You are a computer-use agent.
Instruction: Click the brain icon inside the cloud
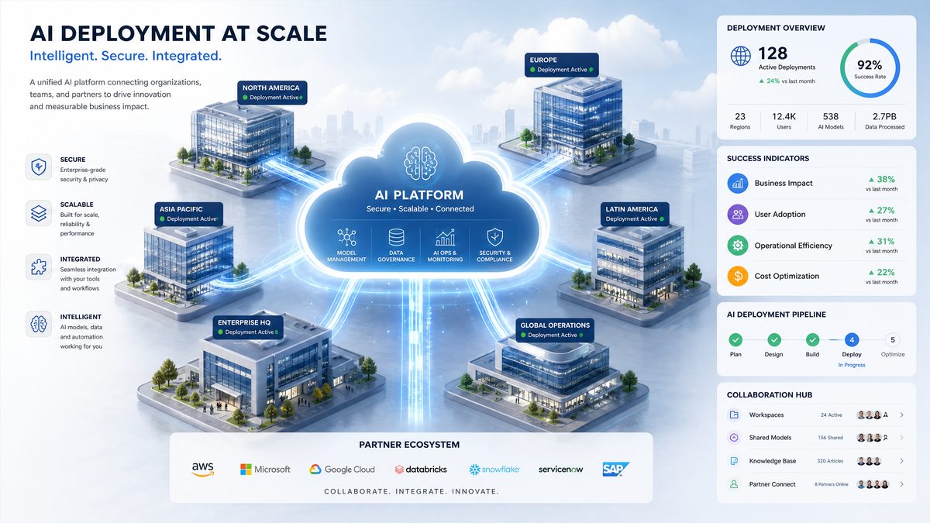click(x=420, y=163)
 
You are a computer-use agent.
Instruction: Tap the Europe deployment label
click(x=561, y=65)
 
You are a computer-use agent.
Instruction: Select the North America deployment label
click(x=272, y=92)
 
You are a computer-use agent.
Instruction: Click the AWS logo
click(x=203, y=469)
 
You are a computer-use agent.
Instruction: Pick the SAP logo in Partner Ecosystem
click(x=615, y=469)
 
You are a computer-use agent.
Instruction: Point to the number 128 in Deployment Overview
click(x=773, y=53)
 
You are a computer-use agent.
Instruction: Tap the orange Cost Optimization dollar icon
click(x=738, y=276)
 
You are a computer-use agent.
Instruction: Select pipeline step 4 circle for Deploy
click(x=852, y=340)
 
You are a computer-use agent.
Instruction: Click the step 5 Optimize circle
click(x=893, y=340)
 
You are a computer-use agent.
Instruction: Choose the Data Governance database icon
click(x=396, y=237)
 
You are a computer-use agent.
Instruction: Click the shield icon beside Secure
click(x=39, y=167)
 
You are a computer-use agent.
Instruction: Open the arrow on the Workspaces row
click(x=901, y=415)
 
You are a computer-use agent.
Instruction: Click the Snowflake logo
click(x=494, y=470)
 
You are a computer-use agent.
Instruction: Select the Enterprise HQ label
click(x=248, y=327)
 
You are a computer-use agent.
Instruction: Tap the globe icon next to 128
click(x=741, y=56)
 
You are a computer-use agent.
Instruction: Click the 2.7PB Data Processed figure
click(x=884, y=117)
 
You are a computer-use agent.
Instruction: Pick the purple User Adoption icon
click(x=738, y=214)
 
